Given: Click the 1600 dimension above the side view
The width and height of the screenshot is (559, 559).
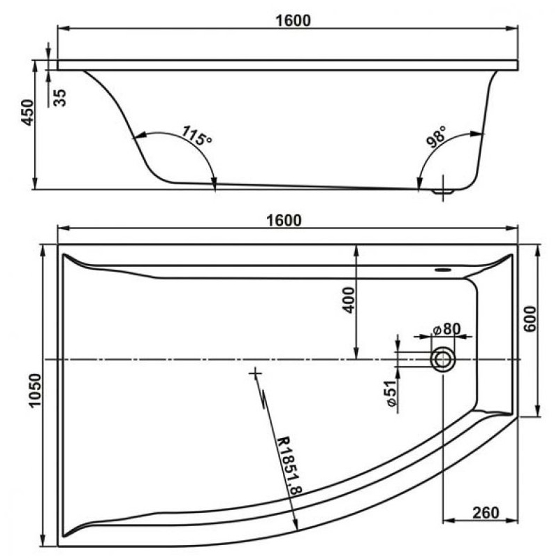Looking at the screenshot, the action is tap(293, 20).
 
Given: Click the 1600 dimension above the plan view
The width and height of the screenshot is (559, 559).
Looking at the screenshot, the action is tap(284, 220).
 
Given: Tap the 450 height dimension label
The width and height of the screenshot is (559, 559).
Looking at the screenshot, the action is tap(28, 112).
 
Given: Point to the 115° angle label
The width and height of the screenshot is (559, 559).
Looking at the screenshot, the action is tap(197, 136).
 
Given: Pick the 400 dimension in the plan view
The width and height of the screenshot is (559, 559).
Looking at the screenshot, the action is tap(348, 300).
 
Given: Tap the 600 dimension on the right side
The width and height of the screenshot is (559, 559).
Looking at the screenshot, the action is tap(530, 319).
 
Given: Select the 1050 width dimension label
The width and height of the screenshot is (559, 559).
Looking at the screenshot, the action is tap(36, 390).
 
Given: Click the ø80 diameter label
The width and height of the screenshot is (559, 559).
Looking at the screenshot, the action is tap(446, 329).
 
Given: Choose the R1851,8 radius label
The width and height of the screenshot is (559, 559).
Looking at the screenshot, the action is tap(289, 465).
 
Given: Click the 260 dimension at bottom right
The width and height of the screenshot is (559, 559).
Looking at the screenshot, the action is tap(486, 513).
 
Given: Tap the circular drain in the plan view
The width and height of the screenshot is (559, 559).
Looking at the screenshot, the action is tap(443, 359).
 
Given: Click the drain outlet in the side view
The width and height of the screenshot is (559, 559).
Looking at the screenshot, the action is tap(443, 191).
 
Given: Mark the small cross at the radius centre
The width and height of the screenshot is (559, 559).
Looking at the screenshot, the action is tap(255, 373).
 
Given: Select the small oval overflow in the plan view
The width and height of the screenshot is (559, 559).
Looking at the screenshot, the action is tap(444, 270).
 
